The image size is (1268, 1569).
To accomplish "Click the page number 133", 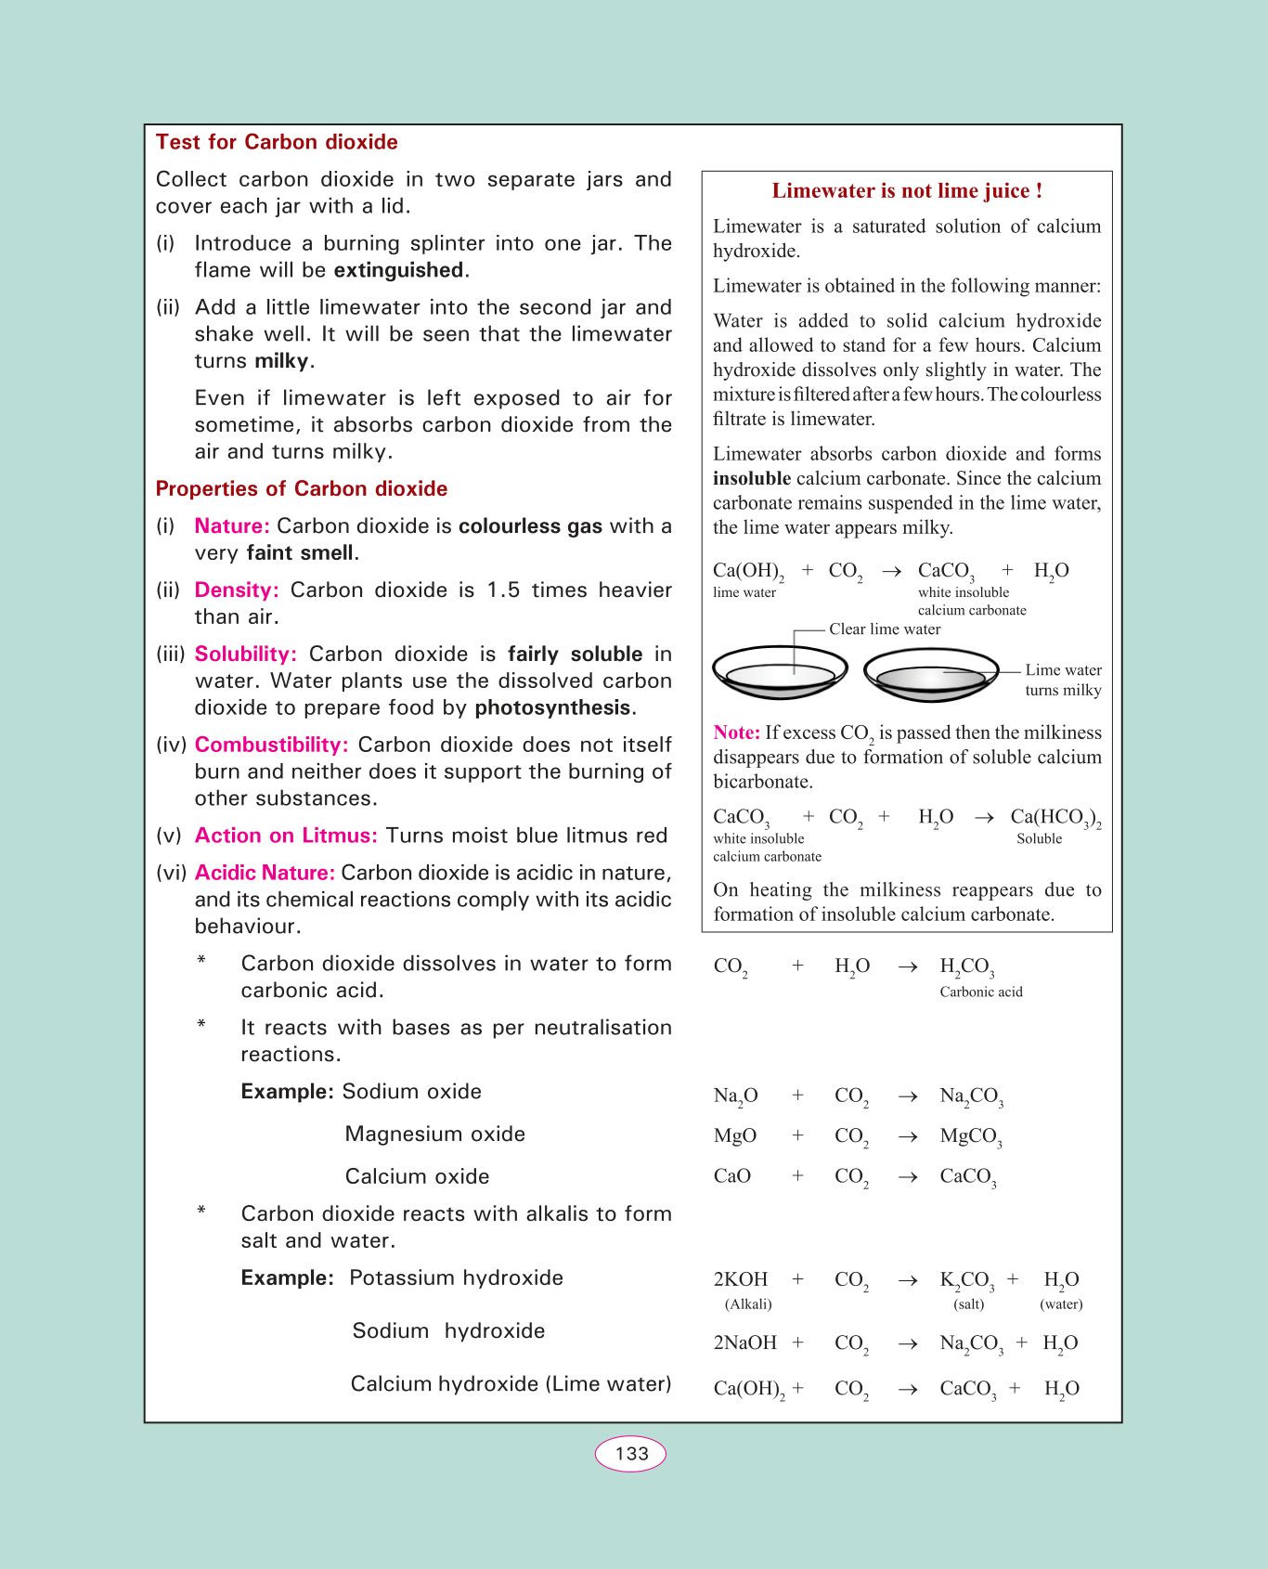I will tap(631, 1454).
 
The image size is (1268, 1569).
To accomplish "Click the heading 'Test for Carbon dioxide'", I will tap(277, 142).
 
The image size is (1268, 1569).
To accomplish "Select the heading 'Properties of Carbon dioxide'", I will tap(302, 489).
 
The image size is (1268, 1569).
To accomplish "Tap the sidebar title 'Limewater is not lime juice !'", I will tap(907, 191).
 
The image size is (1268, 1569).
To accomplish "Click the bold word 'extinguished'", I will tap(399, 270).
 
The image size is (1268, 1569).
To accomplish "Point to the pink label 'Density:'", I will tap(237, 590).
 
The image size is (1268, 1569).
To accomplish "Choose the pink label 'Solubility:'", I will tap(246, 655).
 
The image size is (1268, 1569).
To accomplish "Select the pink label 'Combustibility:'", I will tap(272, 746).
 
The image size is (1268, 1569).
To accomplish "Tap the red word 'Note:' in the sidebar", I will tap(737, 733).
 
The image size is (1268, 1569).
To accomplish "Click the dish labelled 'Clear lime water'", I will tap(780, 673).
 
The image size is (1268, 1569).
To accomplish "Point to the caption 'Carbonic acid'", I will tap(981, 992).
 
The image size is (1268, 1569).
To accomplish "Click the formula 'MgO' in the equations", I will tap(735, 1136).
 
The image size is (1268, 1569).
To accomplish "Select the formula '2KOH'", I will tap(741, 1280).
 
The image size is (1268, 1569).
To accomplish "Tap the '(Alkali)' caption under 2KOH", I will tap(748, 1304).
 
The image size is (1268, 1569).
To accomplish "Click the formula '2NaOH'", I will tap(745, 1343).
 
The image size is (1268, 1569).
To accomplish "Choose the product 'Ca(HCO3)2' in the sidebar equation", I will tap(1055, 818).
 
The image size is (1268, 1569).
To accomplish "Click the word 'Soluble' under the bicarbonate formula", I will tap(1040, 839).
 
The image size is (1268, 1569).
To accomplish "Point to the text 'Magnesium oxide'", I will tap(435, 1135).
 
